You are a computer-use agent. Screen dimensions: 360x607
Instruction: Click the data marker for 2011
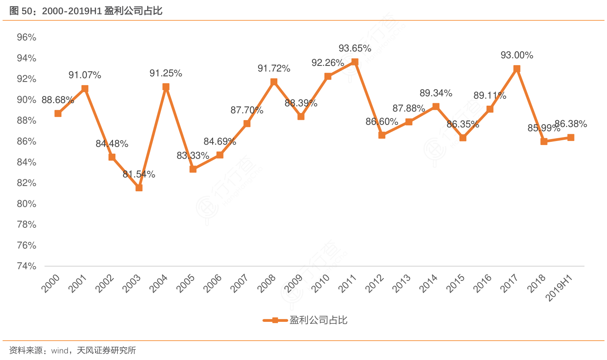point(355,62)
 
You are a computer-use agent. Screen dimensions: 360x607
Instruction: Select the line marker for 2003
point(139,188)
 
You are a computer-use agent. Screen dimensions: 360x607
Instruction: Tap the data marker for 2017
point(517,69)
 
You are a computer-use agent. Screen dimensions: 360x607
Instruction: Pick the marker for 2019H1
point(571,138)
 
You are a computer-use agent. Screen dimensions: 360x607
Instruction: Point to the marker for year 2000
point(58,114)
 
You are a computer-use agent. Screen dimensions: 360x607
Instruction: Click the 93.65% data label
point(355,49)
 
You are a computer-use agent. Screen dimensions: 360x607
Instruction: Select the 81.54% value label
point(139,174)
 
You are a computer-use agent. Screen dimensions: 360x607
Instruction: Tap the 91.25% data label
point(166,73)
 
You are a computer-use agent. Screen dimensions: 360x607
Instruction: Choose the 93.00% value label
point(517,55)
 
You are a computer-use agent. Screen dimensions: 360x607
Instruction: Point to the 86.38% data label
point(571,124)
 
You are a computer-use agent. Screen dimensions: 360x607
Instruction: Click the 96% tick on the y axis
point(27,37)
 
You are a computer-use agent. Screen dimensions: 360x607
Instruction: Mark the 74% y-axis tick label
point(27,266)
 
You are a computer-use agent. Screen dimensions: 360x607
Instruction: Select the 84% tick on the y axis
point(27,162)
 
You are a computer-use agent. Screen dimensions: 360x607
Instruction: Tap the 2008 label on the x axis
point(267,283)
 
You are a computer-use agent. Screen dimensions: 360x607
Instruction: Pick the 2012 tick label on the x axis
point(375,283)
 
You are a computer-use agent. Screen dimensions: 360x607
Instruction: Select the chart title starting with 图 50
point(86,11)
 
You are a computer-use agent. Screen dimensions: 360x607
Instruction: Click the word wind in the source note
point(60,351)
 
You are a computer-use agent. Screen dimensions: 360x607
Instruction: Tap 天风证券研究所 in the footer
point(107,351)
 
